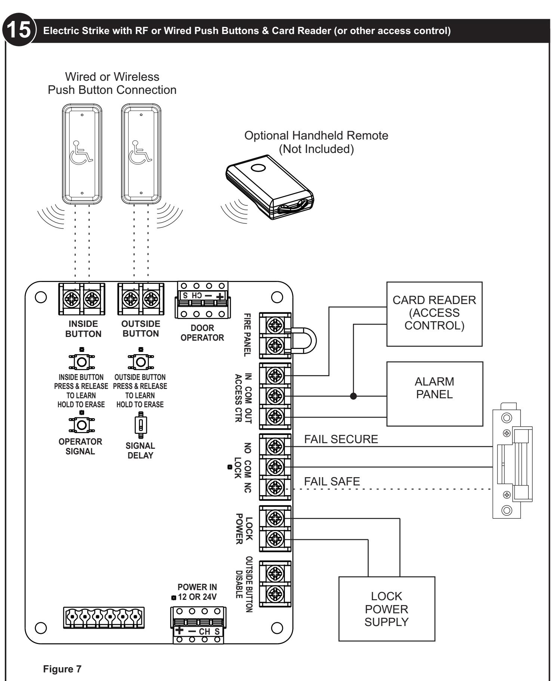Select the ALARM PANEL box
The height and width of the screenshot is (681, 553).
pyautogui.click(x=434, y=394)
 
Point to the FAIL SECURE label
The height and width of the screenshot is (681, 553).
pyautogui.click(x=341, y=439)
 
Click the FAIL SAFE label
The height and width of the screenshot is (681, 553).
pyautogui.click(x=332, y=482)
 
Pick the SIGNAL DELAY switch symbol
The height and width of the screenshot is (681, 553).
pyautogui.click(x=141, y=425)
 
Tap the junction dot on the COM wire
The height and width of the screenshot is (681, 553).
pyautogui.click(x=353, y=396)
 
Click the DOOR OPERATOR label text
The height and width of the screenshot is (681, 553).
pyautogui.click(x=202, y=333)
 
